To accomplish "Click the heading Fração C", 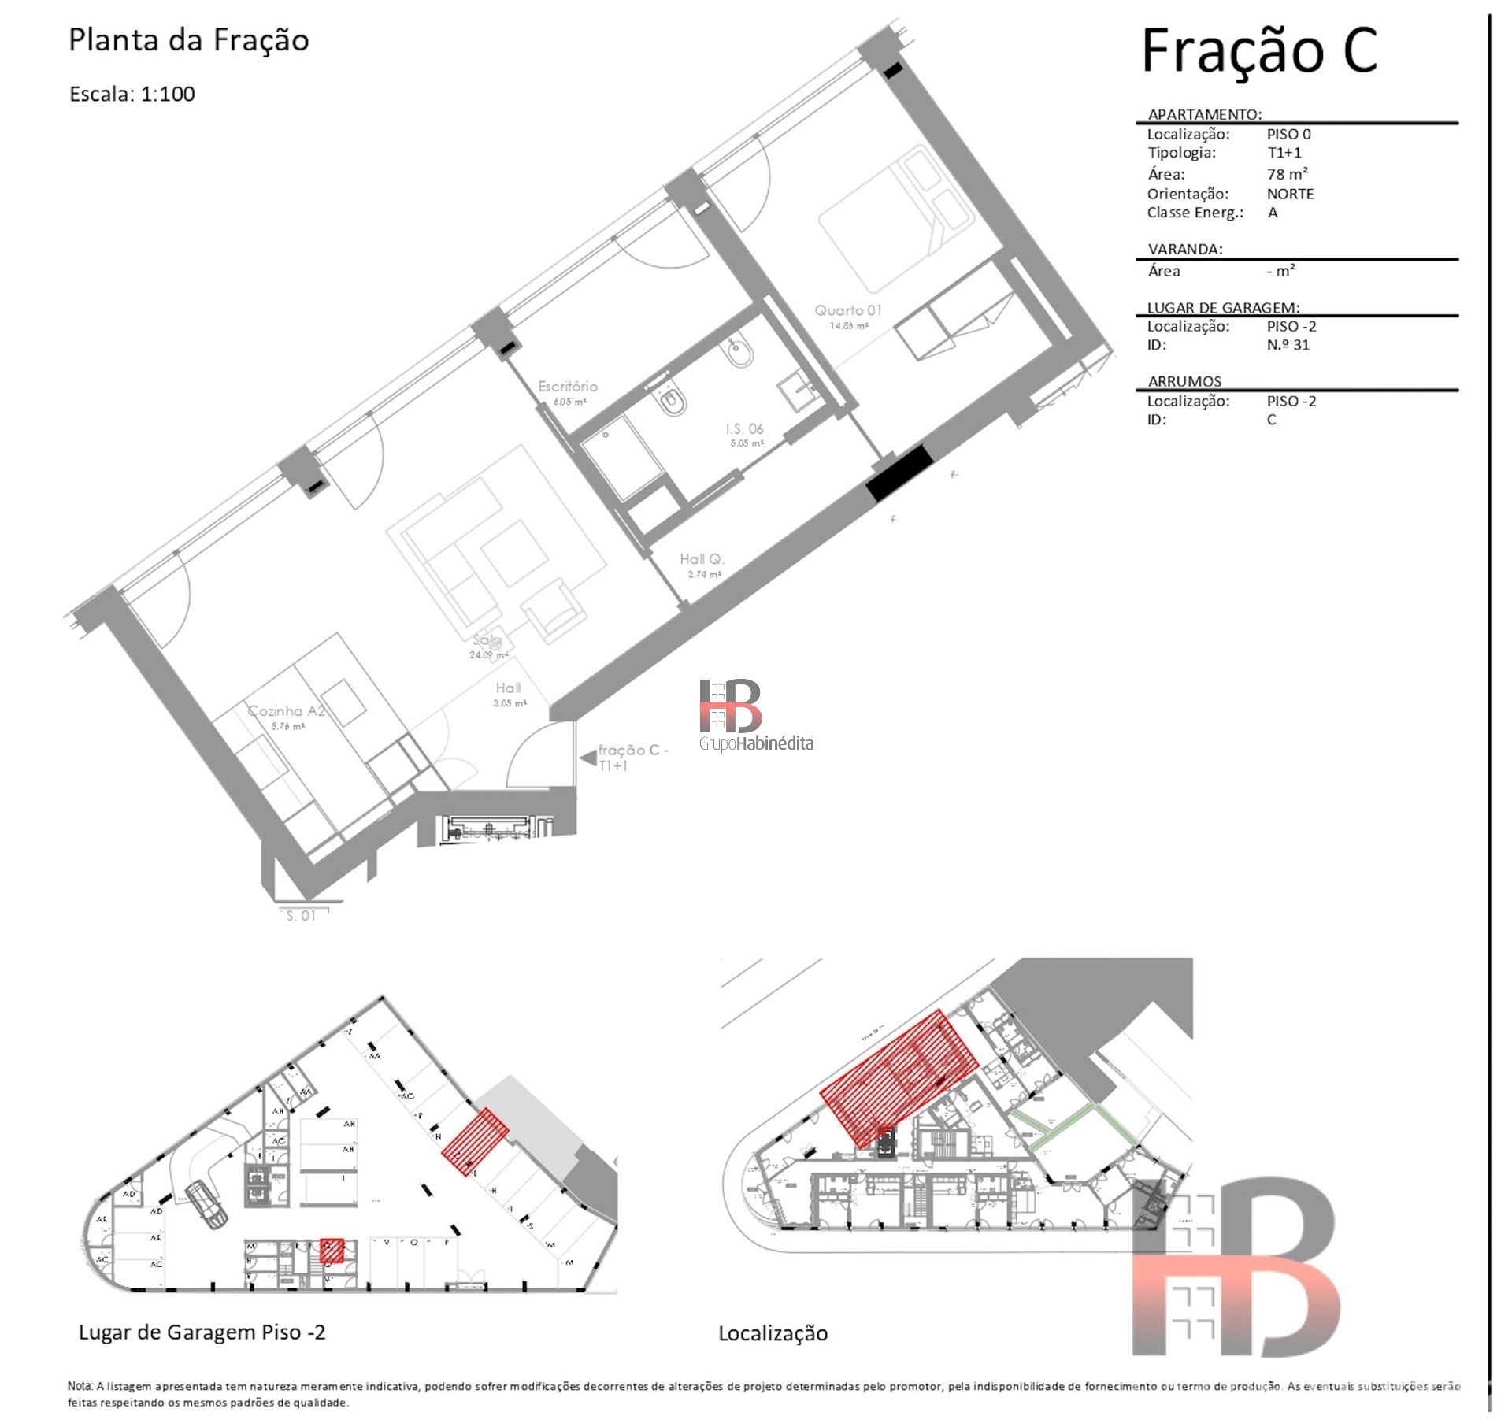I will tap(1259, 51).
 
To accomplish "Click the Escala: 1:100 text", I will tap(132, 94).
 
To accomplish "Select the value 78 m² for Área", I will tap(1288, 174).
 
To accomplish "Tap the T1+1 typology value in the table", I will tap(1284, 153).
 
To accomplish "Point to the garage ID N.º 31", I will tap(1288, 345).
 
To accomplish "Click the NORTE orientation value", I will tap(1290, 194).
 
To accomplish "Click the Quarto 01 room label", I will tap(848, 311).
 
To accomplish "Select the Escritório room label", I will tap(568, 387).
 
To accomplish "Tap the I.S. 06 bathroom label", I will tap(744, 429).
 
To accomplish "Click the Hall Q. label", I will tap(702, 559).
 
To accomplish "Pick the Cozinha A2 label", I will tap(287, 711).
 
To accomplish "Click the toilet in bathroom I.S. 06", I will tap(672, 402).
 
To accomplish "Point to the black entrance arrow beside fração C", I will tap(587, 758).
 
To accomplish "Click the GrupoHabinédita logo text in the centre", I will tap(756, 743).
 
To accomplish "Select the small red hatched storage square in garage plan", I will tap(332, 1251).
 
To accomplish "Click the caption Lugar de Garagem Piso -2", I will tap(202, 1332).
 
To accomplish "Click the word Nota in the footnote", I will tap(80, 1386).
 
